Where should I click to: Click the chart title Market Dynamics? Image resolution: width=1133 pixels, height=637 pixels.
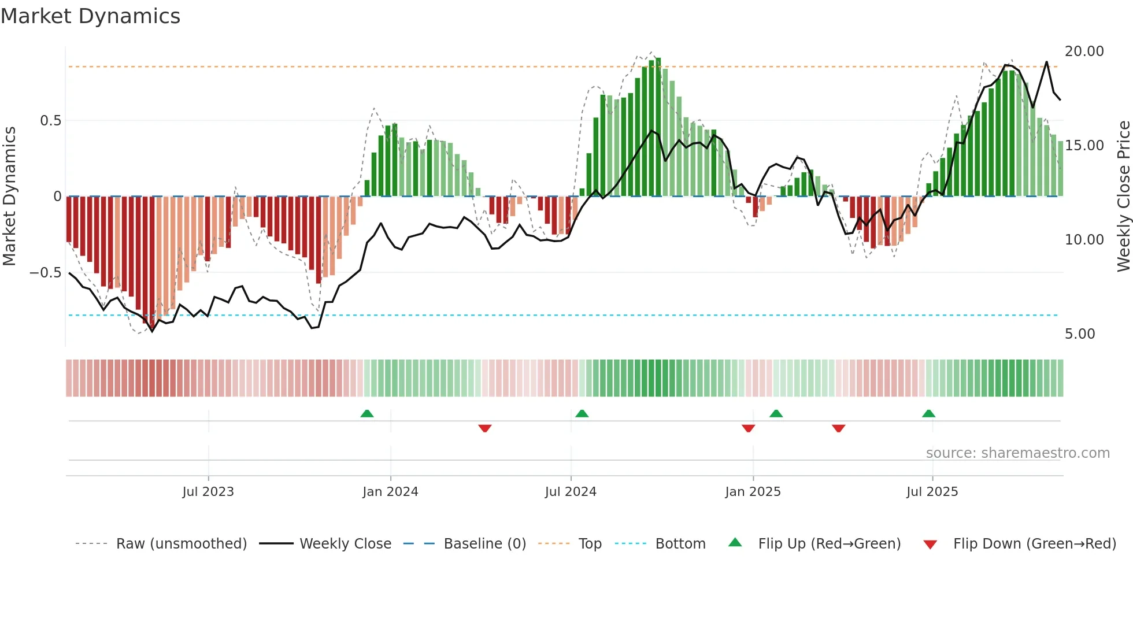point(90,16)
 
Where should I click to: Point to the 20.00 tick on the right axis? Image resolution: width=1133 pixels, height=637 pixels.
point(1084,51)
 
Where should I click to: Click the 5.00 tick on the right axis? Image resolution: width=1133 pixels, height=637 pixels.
point(1079,334)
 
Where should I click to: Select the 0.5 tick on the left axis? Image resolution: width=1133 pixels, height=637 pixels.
point(50,121)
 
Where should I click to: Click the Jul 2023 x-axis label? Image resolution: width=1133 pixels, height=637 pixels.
point(208,492)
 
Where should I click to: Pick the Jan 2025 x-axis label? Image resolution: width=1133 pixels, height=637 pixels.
point(753,492)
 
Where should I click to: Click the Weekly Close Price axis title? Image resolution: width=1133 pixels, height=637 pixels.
point(1123,197)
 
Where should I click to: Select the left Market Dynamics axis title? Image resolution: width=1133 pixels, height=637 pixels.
point(9,197)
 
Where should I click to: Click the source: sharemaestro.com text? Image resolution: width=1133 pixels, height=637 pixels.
point(1017,453)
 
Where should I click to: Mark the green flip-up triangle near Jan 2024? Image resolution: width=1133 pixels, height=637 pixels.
point(366,414)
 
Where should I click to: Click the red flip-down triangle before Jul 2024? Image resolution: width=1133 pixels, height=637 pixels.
point(485,428)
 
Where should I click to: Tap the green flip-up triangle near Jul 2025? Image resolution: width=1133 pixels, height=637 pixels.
point(928,414)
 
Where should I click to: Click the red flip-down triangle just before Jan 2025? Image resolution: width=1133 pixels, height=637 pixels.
point(748,428)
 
